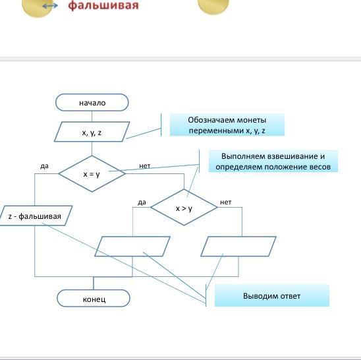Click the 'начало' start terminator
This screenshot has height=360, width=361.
92,102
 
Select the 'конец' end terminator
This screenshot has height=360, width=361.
94,298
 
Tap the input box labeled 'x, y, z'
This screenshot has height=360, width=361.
92,132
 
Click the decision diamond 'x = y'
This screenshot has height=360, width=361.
92,173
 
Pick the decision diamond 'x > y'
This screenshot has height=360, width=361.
184,207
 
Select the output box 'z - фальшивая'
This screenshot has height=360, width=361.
34,216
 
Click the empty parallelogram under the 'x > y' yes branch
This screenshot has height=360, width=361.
132,247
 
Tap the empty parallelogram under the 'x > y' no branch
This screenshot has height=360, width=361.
238,247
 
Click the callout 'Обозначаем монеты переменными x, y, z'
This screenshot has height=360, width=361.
227,125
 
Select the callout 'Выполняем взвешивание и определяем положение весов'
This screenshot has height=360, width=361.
273,161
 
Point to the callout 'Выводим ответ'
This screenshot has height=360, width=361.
272,295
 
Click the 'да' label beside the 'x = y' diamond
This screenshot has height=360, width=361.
44,165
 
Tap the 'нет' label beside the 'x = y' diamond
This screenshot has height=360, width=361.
144,165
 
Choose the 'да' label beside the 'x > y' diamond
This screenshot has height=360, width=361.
142,202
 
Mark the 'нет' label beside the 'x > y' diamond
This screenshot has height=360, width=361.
225,202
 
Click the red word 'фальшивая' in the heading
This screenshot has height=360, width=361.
103,5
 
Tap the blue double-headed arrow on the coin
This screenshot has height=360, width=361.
50,6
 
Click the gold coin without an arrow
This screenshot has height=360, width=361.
213,6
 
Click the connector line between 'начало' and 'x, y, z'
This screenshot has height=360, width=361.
92,117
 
